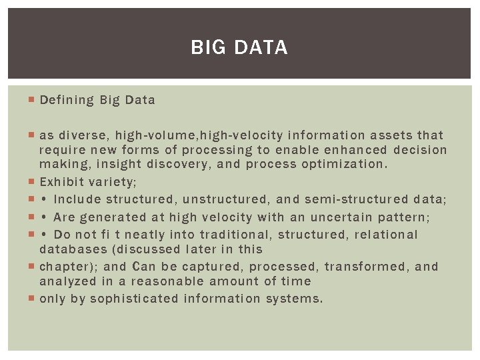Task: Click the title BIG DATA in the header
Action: click(x=239, y=47)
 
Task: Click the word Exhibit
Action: click(x=61, y=181)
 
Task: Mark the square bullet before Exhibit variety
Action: click(x=32, y=181)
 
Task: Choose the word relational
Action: click(x=385, y=235)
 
